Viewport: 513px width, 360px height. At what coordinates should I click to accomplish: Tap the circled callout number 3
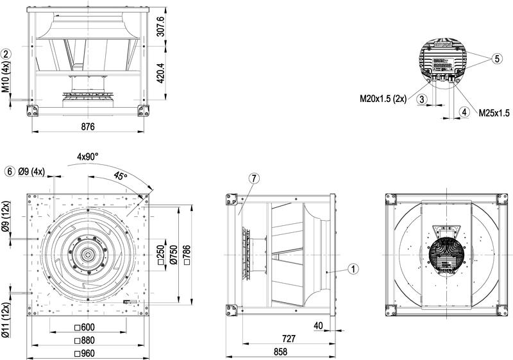[x=421, y=99]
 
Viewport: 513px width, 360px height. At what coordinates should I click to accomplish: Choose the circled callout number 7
[x=253, y=178]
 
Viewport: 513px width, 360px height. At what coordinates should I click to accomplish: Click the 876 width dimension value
[x=88, y=127]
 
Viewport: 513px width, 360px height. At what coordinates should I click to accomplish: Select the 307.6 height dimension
[x=161, y=26]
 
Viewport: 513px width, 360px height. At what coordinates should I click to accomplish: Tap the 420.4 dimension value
[x=161, y=74]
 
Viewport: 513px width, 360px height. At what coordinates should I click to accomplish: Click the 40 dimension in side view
[x=319, y=326]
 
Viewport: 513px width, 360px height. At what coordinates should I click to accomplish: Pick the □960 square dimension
[x=86, y=352]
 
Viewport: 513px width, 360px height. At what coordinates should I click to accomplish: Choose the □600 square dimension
[x=86, y=327]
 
